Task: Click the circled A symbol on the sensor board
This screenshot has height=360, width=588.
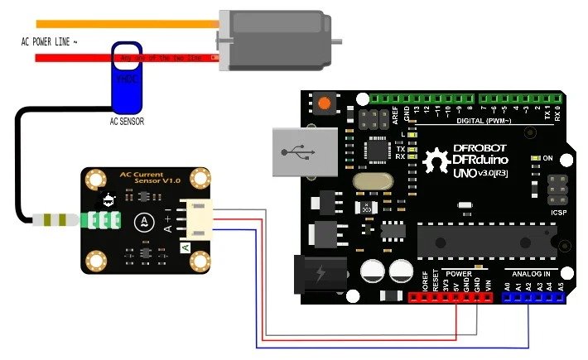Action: pyautogui.click(x=144, y=220)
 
